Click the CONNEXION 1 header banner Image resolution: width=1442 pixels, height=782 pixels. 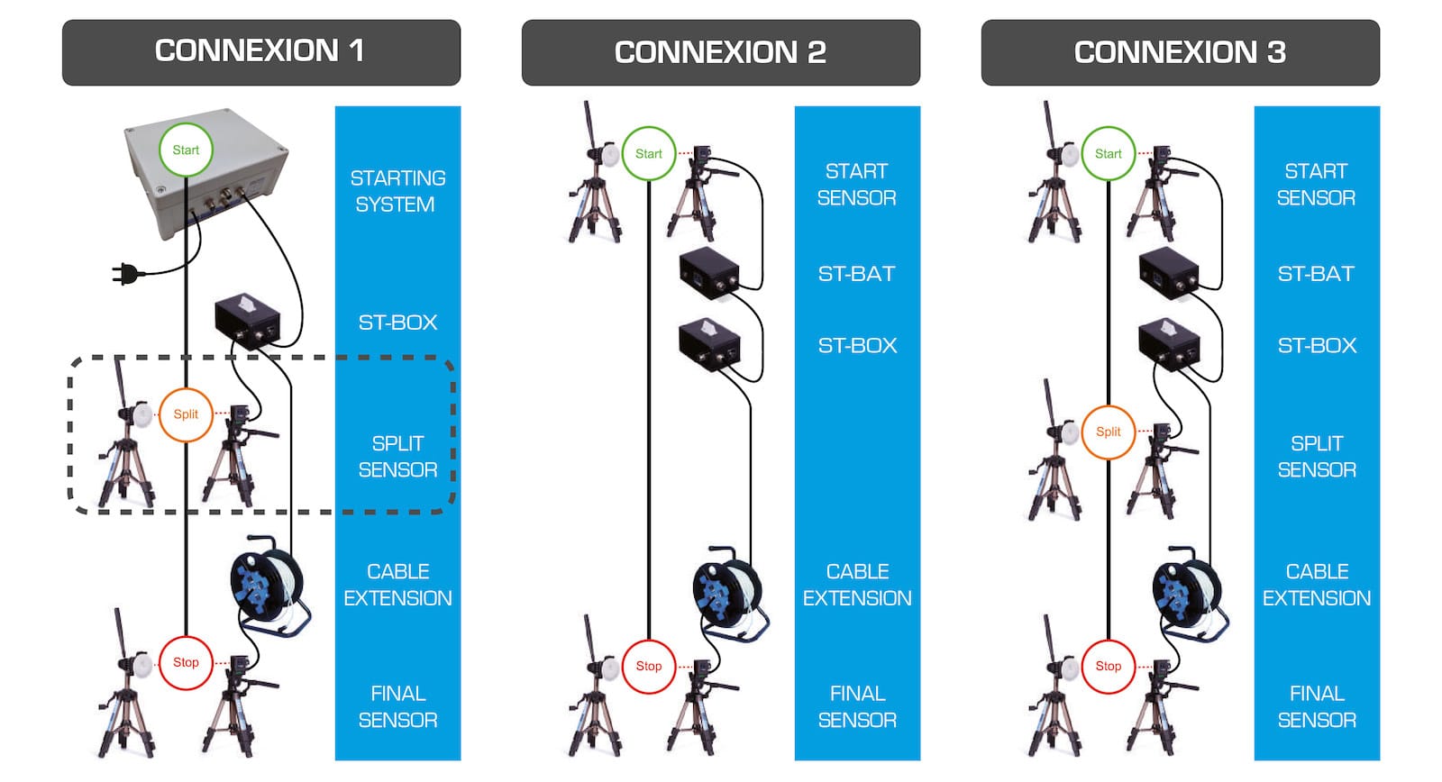[x=260, y=52]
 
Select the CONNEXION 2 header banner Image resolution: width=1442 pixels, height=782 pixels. [x=720, y=52]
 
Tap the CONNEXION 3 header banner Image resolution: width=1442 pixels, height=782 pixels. [x=1180, y=52]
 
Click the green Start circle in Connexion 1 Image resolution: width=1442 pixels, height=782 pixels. [x=186, y=150]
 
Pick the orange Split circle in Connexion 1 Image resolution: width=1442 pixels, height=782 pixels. [x=186, y=414]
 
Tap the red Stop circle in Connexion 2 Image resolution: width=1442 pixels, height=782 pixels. [x=649, y=667]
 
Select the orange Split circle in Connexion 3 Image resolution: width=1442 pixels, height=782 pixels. [x=1109, y=432]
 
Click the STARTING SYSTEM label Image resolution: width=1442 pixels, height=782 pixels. [x=397, y=191]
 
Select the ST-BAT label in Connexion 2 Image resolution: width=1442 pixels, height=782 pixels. [x=856, y=274]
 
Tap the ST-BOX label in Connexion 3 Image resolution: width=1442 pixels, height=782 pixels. [x=1317, y=346]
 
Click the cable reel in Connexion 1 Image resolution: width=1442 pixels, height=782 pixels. [x=267, y=586]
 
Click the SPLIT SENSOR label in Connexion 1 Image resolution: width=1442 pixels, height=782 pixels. [x=397, y=457]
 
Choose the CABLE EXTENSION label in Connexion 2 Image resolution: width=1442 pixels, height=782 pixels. [x=857, y=585]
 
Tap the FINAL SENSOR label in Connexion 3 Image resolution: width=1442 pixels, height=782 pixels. [x=1317, y=706]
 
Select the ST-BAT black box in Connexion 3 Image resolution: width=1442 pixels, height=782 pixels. [x=1168, y=272]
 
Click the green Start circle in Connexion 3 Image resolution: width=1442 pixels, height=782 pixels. [x=1109, y=154]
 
